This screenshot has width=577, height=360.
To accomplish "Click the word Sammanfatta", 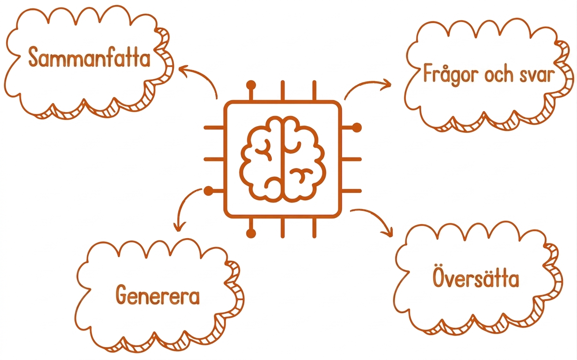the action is (x=89, y=57).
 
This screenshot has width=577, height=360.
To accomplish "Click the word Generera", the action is (x=157, y=295).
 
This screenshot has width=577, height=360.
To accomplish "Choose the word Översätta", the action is (x=476, y=276).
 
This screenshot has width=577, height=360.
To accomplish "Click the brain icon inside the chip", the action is (x=283, y=159).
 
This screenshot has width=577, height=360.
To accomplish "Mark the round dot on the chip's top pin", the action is (x=251, y=85).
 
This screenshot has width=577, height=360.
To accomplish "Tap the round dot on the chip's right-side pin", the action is (x=357, y=127).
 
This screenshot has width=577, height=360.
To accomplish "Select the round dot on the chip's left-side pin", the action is (x=209, y=191).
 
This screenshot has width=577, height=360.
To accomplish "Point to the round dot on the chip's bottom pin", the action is (x=251, y=233).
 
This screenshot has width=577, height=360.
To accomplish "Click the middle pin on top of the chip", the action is (x=283, y=90).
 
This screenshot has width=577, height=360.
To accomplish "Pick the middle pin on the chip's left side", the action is (x=214, y=159).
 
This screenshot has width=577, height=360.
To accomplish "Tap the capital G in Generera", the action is (x=122, y=295).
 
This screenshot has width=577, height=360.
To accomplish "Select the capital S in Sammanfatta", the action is (x=34, y=57).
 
